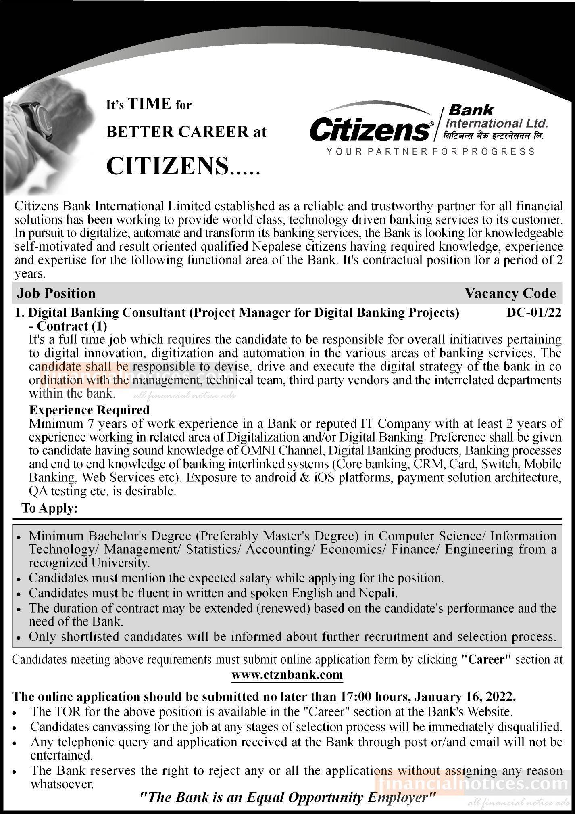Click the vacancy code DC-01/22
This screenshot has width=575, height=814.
(533, 313)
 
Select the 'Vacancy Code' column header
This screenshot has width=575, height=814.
(510, 293)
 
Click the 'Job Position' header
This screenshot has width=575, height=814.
(56, 293)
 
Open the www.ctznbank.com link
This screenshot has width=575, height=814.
(287, 674)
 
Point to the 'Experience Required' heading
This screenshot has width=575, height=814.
(89, 410)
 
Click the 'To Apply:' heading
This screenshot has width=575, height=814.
(50, 508)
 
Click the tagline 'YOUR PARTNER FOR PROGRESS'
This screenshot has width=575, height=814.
(430, 151)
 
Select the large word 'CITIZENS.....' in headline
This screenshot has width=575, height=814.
(183, 166)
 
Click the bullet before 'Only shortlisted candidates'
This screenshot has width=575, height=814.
(19, 638)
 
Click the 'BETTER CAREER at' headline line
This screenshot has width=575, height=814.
(186, 132)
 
